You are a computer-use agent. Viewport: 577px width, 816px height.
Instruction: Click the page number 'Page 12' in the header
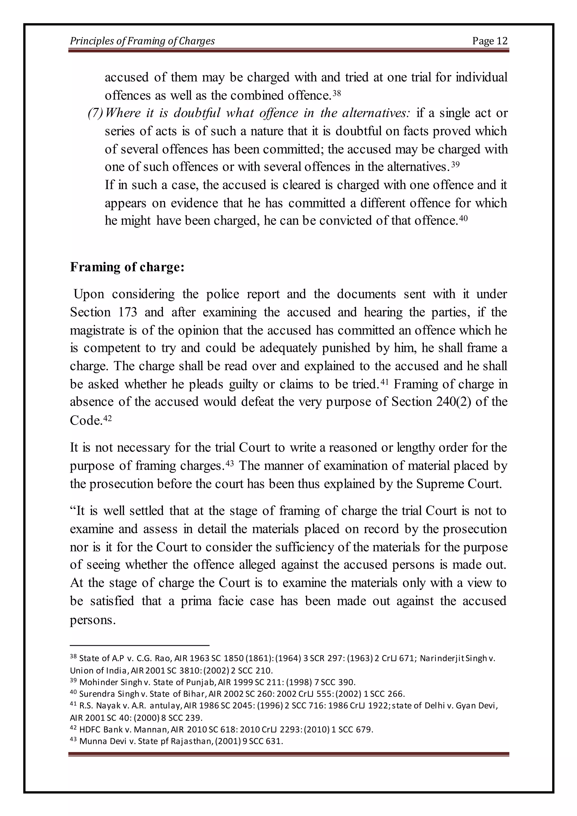490,41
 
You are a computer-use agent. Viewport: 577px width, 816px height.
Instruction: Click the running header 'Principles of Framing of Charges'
142,41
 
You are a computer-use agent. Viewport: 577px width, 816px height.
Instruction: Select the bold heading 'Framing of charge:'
127,267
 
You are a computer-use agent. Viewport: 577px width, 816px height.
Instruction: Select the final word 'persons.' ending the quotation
93,620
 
